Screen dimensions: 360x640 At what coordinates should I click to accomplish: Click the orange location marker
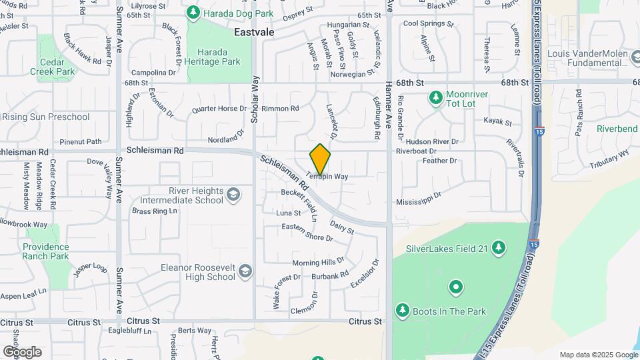[320, 159]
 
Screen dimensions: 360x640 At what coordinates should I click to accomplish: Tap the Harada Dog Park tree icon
[193, 12]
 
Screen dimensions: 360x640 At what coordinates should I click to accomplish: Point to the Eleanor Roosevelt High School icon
[245, 271]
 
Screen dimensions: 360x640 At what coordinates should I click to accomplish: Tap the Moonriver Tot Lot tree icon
[436, 99]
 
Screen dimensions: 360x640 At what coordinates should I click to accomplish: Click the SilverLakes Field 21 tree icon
[497, 249]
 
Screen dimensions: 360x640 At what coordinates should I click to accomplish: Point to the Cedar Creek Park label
[56, 65]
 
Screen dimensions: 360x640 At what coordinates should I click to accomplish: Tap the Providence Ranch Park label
[46, 251]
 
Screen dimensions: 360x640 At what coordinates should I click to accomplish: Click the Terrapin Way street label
[327, 177]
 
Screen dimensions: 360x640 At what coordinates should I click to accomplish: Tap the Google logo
[22, 351]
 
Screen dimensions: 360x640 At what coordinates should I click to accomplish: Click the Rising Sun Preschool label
[45, 117]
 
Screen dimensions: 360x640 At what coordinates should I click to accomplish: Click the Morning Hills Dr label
[318, 262]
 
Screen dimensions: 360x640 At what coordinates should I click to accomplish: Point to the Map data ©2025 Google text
[598, 355]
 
